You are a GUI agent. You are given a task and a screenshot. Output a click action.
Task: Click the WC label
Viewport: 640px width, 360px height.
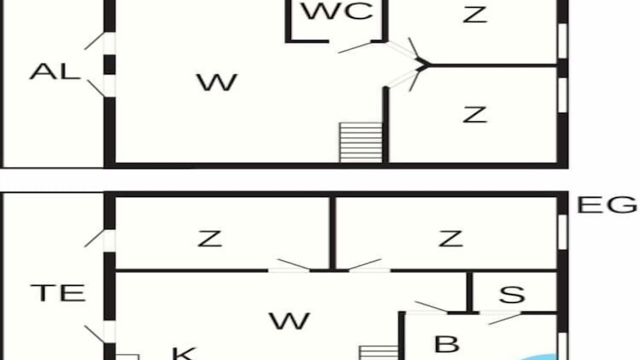tap(337, 11)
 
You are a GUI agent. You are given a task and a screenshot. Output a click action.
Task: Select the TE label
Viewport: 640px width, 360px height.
tap(58, 293)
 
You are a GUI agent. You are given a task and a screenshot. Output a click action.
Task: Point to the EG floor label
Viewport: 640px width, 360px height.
tap(607, 205)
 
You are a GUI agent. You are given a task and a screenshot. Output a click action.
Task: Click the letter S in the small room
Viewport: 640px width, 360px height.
tap(512, 294)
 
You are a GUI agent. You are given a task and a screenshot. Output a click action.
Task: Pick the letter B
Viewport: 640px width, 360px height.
tap(447, 344)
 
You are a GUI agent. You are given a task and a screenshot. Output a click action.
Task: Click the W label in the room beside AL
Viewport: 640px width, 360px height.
tap(217, 82)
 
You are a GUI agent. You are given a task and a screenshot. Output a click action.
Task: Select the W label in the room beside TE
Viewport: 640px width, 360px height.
tap(289, 321)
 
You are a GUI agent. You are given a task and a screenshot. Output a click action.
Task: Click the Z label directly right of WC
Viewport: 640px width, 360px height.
tap(475, 14)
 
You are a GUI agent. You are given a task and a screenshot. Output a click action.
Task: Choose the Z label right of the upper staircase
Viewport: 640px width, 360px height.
tap(475, 114)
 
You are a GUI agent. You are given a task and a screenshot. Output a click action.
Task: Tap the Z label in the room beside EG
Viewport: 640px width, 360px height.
tap(450, 238)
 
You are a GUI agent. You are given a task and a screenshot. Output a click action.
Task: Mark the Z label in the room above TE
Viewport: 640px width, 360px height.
tap(209, 238)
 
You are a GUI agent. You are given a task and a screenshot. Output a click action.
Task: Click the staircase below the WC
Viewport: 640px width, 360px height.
tap(361, 142)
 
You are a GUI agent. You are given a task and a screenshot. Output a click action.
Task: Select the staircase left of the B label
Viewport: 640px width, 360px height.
tap(378, 353)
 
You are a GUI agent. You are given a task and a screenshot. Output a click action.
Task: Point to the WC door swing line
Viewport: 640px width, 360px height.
tap(355, 47)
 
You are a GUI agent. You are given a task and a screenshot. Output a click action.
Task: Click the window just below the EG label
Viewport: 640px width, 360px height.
tap(562, 231)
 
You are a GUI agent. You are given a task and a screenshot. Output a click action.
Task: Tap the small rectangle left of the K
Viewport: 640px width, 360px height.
tap(127, 357)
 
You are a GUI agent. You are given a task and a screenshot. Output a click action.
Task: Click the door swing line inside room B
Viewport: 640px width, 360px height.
tap(505, 319)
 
